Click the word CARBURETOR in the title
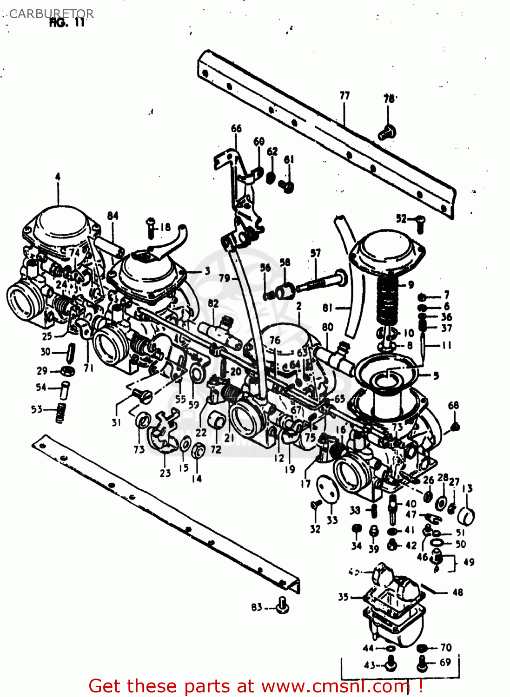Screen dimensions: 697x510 coord(51,14)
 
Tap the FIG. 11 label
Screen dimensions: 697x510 coord(67,23)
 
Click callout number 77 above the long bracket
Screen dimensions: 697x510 coord(344,96)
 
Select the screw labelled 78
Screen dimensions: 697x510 coord(387,132)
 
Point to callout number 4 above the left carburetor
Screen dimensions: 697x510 coord(58,177)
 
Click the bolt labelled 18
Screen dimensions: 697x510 coord(151,227)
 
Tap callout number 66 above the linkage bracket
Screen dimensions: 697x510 coord(236,128)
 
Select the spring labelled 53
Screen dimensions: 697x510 coord(60,413)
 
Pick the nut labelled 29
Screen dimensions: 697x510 coord(68,371)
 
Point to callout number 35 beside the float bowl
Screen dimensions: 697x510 coord(343,597)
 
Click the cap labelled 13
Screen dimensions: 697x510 coord(466,515)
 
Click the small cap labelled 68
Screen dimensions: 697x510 coord(455,426)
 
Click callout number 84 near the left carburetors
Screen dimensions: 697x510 coord(113,216)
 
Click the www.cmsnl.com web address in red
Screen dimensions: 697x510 coord(335,686)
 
